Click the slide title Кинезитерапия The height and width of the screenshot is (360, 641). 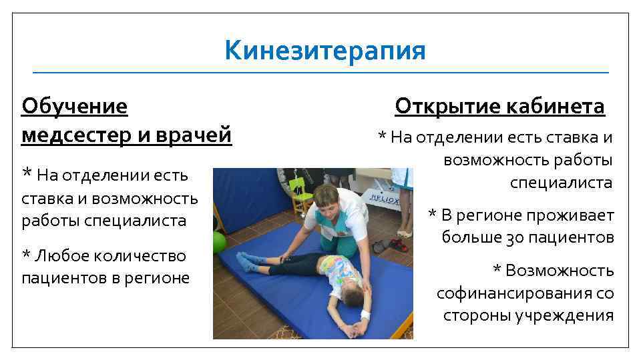pos(325,50)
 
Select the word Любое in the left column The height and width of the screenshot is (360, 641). pos(63,255)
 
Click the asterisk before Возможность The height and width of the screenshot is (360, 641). pos(497,270)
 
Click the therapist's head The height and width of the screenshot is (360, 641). pos(327,198)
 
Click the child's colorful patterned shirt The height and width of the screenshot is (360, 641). pos(337,270)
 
